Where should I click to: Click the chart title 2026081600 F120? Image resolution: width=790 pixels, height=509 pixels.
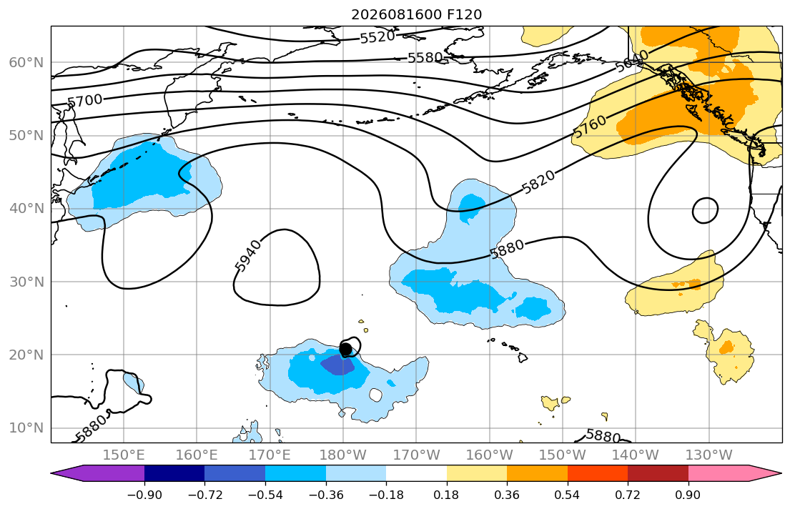click(x=416, y=14)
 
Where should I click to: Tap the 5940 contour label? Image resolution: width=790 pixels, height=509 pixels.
click(x=248, y=255)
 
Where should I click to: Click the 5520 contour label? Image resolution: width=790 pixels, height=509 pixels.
click(x=377, y=36)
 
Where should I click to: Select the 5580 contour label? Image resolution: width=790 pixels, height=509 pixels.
click(x=425, y=58)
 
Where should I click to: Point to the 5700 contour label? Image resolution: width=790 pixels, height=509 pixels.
click(x=84, y=100)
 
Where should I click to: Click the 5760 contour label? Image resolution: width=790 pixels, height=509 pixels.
click(x=590, y=127)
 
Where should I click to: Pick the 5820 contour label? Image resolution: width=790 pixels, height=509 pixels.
click(x=538, y=182)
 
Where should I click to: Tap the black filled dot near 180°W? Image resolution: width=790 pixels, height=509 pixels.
click(x=345, y=349)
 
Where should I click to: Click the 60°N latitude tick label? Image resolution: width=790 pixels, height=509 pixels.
click(x=26, y=63)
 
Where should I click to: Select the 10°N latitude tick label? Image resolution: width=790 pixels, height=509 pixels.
click(x=26, y=428)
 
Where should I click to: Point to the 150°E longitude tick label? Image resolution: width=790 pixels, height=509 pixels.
click(x=124, y=455)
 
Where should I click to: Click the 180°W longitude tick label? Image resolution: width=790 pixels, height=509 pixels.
click(x=343, y=455)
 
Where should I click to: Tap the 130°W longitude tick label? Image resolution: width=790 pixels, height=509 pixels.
click(x=709, y=455)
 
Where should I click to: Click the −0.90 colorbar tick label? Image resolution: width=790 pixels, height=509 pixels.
click(x=144, y=495)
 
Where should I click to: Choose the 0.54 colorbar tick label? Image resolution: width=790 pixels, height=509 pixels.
click(x=567, y=495)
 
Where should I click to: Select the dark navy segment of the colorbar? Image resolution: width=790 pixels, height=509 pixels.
click(x=174, y=473)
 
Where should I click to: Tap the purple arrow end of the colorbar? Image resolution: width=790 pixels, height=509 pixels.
click(x=97, y=473)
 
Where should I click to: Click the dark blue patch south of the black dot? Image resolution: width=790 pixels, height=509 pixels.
click(x=337, y=365)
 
